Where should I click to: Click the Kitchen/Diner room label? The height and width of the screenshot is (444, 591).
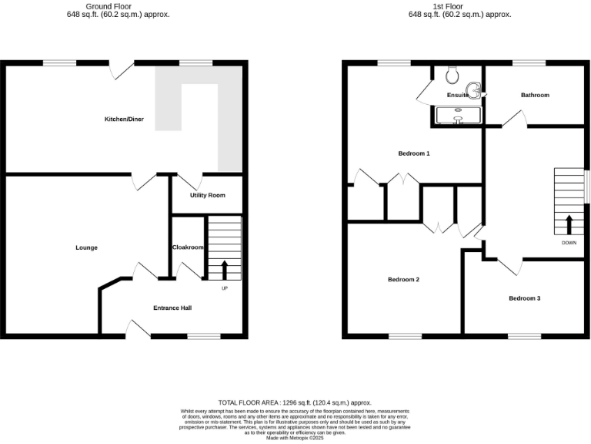[125, 119]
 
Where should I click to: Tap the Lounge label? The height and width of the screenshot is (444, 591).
[86, 247]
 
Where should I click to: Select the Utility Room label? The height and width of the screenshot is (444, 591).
[208, 195]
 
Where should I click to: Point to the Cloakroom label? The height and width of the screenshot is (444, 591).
[188, 247]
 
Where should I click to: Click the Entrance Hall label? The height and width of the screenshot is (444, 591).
[172, 308]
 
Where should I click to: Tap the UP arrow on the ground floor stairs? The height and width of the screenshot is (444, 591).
[225, 271]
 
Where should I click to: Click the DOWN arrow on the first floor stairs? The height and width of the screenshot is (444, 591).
[569, 225]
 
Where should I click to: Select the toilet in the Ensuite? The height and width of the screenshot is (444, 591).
[453, 74]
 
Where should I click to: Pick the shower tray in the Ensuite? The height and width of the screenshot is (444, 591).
[458, 115]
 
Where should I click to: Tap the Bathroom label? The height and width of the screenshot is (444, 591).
[535, 95]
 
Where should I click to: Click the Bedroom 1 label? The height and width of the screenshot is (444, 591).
[414, 153]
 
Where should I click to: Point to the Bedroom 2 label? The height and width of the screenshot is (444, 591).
[403, 279]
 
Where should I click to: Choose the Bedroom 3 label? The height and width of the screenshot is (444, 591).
[524, 298]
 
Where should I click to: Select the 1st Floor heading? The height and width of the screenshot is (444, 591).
[460, 6]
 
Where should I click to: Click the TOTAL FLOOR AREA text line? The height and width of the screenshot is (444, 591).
[295, 402]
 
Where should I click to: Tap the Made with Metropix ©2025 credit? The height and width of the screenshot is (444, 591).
[295, 438]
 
